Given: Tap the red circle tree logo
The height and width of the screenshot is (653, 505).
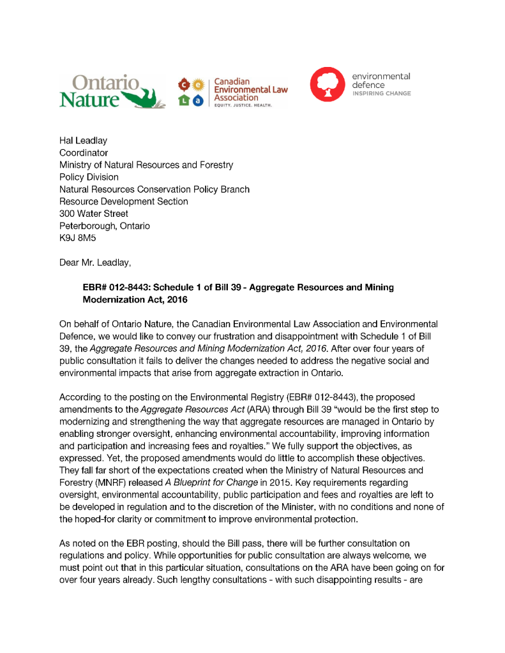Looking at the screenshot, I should pos(327,84).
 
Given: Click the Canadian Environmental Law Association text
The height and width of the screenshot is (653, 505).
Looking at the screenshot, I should pos(250,90).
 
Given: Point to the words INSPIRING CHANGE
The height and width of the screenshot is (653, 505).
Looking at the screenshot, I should pos(381,94).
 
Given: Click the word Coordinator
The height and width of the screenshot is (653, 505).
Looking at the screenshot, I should pos(84,153).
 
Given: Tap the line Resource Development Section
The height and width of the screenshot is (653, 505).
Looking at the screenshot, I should pos(124,202).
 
